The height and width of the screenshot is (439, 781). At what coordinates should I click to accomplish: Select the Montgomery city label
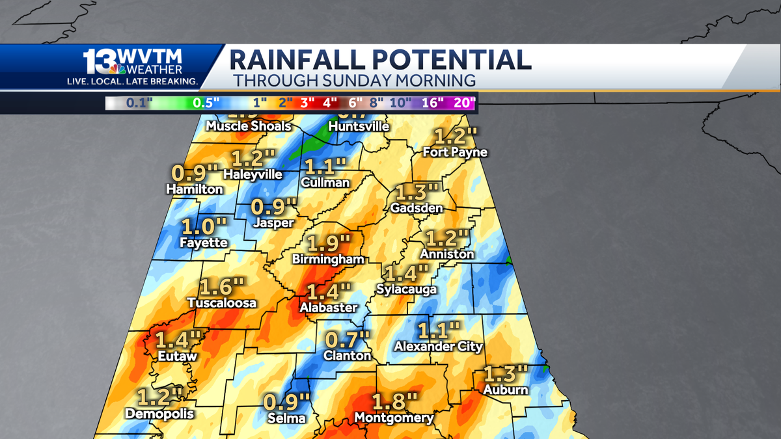click(x=394, y=418)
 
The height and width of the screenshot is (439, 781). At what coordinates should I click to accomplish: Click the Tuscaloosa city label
click(x=222, y=302)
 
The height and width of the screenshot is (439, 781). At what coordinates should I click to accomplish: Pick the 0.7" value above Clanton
click(x=348, y=339)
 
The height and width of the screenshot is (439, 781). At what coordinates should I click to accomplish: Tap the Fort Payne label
click(x=455, y=152)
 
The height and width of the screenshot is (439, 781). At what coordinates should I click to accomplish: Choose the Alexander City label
click(x=439, y=347)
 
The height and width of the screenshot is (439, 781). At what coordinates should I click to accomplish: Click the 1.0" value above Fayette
click(x=204, y=228)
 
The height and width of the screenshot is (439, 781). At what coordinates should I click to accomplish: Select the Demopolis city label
click(x=159, y=413)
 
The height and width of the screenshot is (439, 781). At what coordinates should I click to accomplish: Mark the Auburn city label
click(x=506, y=390)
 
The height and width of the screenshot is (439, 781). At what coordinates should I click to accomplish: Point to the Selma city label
click(x=287, y=418)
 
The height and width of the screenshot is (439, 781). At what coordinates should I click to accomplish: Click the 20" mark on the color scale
click(x=465, y=103)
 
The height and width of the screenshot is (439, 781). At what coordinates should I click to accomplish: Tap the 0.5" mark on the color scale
click(x=206, y=103)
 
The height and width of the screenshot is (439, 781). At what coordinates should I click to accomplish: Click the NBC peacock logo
click(x=118, y=69)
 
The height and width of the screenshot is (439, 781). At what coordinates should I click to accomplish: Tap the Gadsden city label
click(x=417, y=208)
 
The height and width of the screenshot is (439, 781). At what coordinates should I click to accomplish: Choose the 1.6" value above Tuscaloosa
click(x=222, y=287)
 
